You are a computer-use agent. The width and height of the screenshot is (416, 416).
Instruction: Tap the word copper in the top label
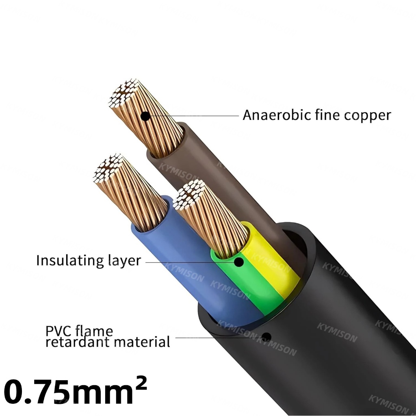click(x=367, y=116)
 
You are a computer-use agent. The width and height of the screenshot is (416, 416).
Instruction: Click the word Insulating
click(x=69, y=260)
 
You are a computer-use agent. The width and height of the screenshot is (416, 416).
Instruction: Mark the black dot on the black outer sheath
click(x=266, y=336)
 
